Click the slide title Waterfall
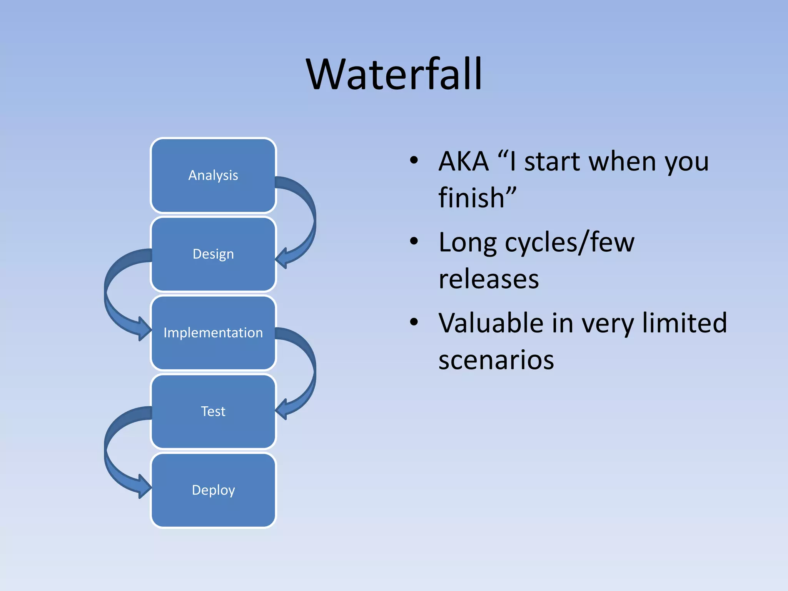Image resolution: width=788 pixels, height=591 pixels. pos(394,74)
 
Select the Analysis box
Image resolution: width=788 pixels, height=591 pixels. pos(213,175)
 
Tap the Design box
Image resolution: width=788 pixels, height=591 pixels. pos(213,254)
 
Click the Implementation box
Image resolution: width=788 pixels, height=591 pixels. pos(213,332)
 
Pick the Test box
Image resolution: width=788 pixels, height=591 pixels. pos(213,411)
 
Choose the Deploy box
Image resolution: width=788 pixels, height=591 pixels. pos(213,490)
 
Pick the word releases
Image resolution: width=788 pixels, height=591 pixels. pos(489,279)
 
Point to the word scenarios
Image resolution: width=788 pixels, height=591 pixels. pos(496,360)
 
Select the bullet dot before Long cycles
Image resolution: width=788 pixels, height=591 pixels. pos(414,242)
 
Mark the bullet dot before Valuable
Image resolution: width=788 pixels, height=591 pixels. pos(414,322)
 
